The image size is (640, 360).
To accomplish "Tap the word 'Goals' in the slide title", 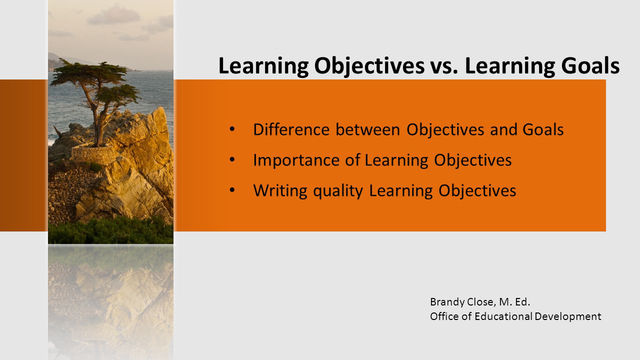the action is pyautogui.click(x=590, y=66).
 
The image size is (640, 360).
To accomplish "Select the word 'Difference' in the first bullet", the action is pyautogui.click(x=291, y=129).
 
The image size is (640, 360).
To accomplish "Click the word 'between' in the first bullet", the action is pyautogui.click(x=367, y=129).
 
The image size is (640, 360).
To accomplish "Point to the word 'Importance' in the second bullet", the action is pyautogui.click(x=296, y=160).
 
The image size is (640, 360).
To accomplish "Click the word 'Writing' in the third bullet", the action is pyautogui.click(x=280, y=190).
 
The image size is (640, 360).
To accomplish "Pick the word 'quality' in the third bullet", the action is pyautogui.click(x=338, y=191).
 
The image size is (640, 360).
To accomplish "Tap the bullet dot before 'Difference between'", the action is pyautogui.click(x=232, y=129).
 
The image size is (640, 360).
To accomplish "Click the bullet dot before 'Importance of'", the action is pyautogui.click(x=232, y=159).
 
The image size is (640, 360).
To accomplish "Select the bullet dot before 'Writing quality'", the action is pyautogui.click(x=232, y=190).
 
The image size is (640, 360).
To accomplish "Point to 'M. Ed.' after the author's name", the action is pyautogui.click(x=514, y=302).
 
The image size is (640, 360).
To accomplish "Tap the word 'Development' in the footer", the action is pyautogui.click(x=568, y=317).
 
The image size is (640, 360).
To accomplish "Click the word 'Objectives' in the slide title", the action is pyautogui.click(x=369, y=66).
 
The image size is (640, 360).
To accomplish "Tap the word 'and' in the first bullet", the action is pyautogui.click(x=503, y=129).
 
